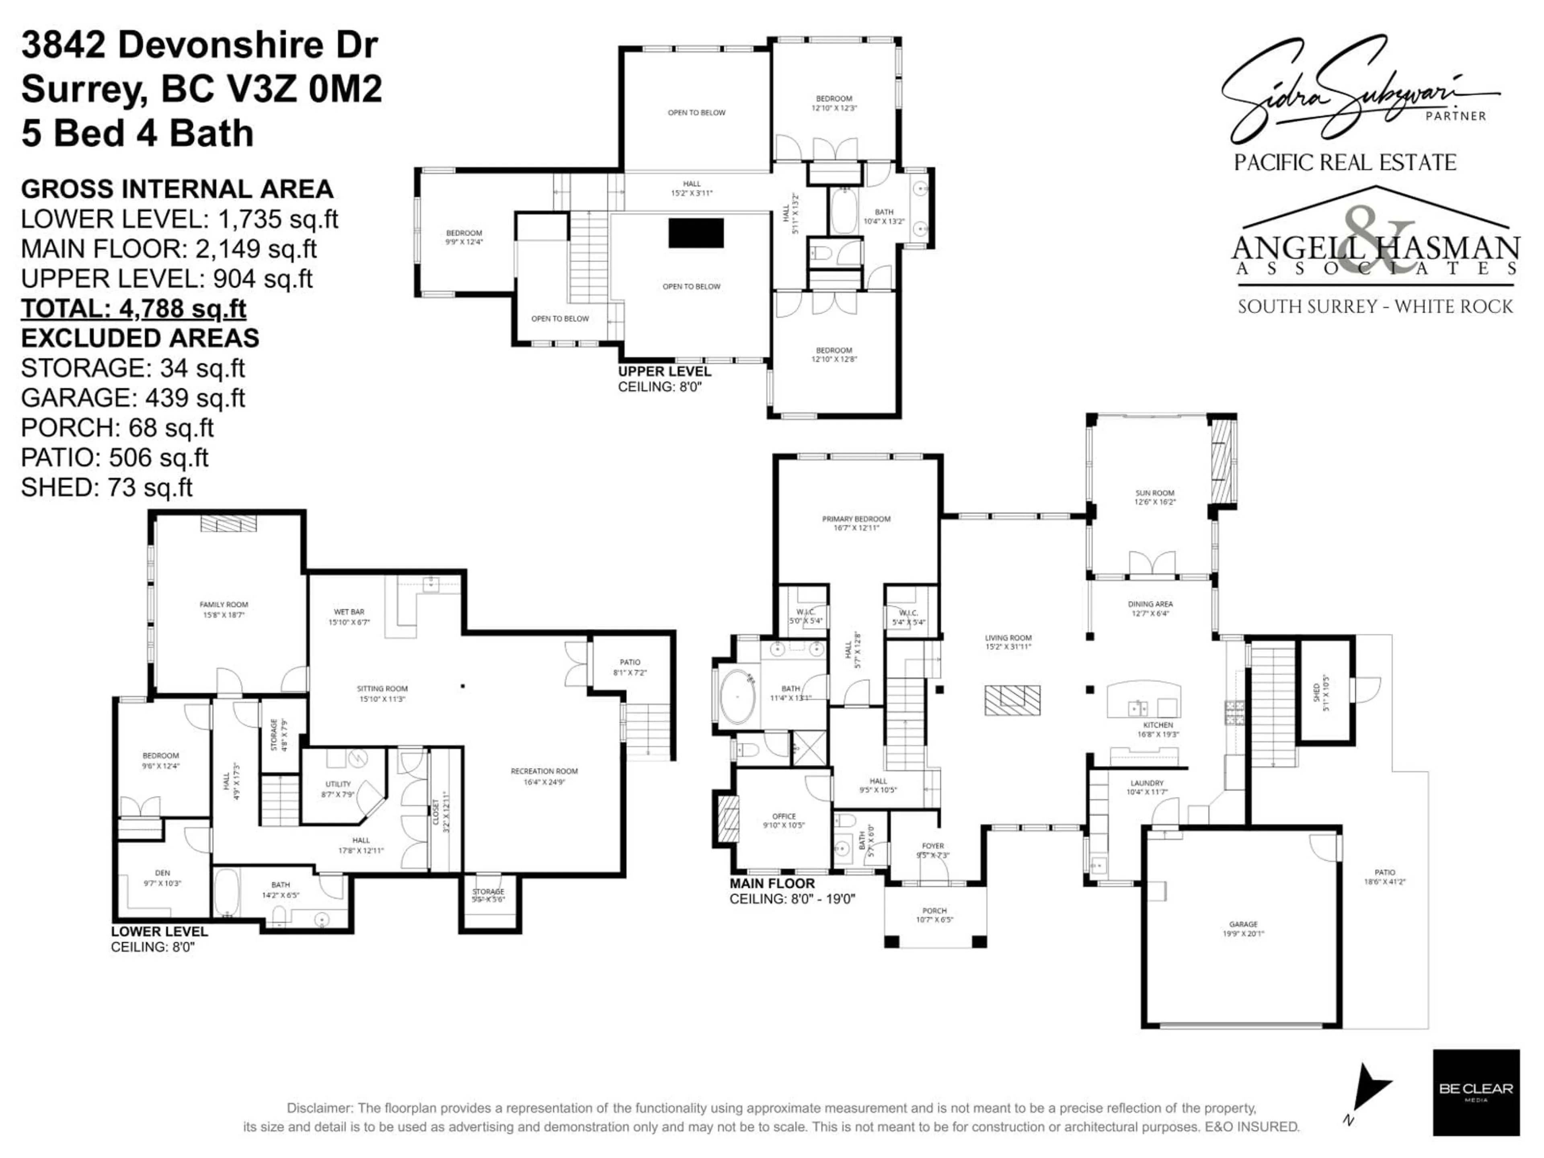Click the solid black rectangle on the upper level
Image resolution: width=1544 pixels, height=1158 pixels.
(696, 233)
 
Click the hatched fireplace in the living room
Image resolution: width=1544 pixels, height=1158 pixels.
(1012, 700)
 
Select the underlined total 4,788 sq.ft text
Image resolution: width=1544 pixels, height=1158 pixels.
(133, 308)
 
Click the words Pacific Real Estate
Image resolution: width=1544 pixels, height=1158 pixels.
(1345, 162)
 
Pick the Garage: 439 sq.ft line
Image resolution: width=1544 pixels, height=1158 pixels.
(133, 398)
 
